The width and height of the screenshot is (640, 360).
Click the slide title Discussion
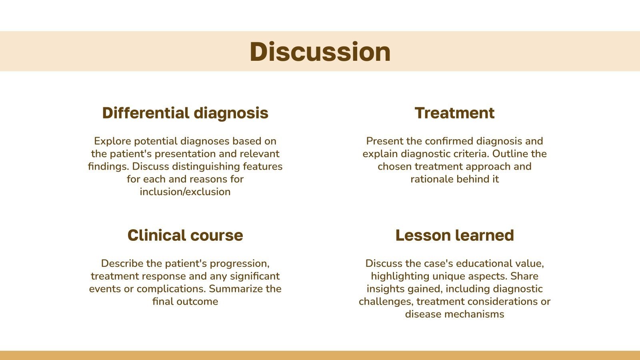point(320,52)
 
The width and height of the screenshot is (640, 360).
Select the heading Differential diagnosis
point(185,113)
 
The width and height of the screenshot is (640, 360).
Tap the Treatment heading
point(454,113)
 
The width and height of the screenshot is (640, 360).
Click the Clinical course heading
point(185,236)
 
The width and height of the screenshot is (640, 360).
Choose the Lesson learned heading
point(454,236)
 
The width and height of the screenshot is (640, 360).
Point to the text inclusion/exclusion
point(185,192)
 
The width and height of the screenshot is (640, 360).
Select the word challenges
point(385,302)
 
